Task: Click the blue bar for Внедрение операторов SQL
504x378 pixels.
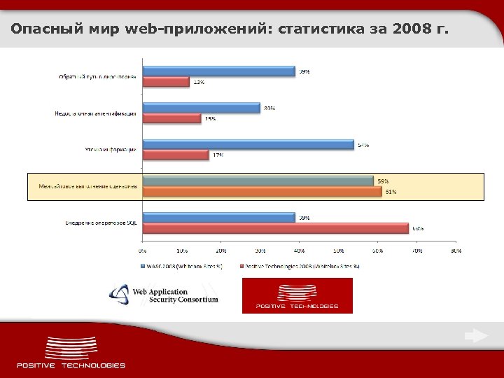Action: [x=218, y=218]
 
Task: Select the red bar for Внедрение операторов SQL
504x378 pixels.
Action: [x=275, y=228]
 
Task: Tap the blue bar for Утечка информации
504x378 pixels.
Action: [x=248, y=144]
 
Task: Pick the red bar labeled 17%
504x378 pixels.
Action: [x=176, y=155]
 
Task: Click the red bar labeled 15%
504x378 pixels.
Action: [x=171, y=118]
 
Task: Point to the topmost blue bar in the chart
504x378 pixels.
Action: [x=218, y=71]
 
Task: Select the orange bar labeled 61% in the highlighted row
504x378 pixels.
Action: [x=262, y=191]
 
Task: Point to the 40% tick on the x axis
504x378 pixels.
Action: [x=299, y=249]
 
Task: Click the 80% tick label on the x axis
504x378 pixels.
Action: [x=456, y=249]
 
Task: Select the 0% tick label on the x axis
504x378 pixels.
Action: [x=142, y=249]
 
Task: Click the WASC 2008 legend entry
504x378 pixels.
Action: [x=183, y=266]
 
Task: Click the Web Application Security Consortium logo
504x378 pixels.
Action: [x=164, y=295]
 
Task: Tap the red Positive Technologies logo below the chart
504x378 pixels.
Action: [x=297, y=295]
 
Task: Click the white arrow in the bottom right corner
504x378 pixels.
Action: [x=476, y=336]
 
